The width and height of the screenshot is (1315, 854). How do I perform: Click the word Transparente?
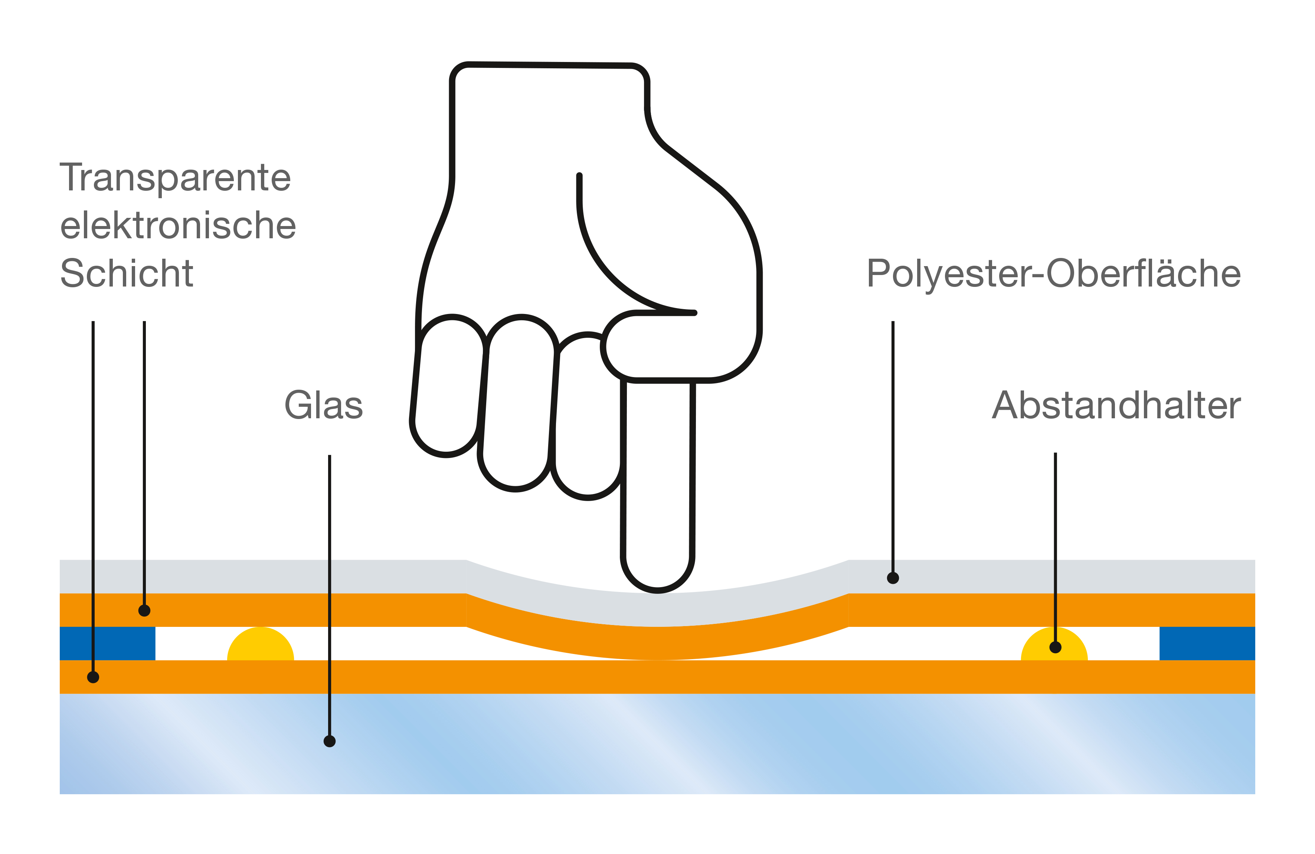click(175, 178)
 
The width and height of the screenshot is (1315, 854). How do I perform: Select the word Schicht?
click(127, 274)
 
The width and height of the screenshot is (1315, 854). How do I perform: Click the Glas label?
click(323, 405)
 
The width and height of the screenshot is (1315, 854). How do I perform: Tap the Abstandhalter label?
click(1116, 405)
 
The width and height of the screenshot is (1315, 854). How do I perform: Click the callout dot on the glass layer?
click(329, 741)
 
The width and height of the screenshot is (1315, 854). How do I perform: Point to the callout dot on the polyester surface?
click(893, 578)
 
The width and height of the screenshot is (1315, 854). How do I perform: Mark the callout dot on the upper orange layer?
click(144, 611)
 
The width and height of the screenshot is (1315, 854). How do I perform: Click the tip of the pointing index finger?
click(658, 575)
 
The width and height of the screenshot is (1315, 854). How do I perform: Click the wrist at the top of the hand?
click(550, 111)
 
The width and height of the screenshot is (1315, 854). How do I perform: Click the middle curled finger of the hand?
click(518, 403)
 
